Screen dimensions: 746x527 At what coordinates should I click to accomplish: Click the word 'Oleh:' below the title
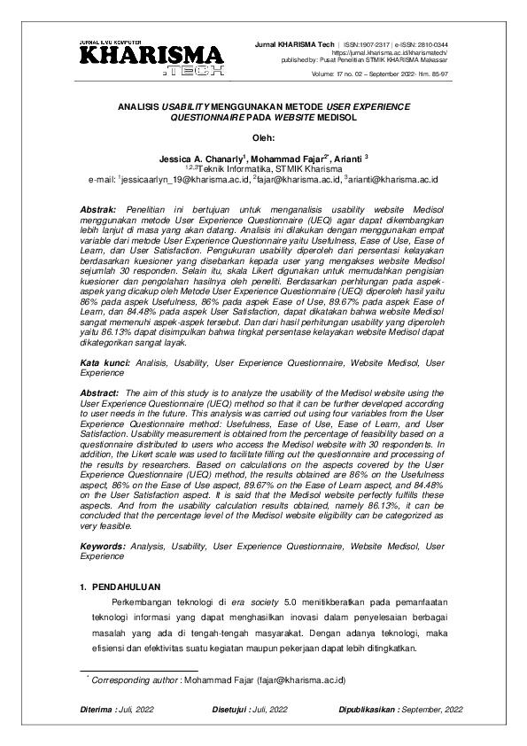click(x=264, y=136)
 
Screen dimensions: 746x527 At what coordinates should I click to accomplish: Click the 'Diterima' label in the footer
click(x=96, y=711)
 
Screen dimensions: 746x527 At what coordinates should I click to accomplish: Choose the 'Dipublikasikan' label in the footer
click(x=368, y=711)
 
